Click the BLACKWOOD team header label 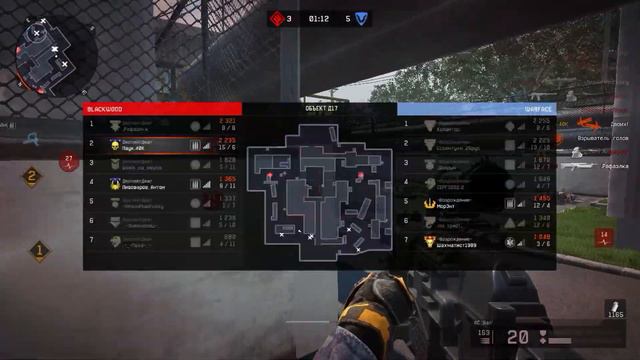(105, 108)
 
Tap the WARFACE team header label (537, 108)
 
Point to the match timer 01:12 (320, 18)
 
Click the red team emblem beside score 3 (277, 18)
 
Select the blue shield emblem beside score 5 (362, 18)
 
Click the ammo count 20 (517, 338)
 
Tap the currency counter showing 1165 (614, 315)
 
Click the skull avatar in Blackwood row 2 (115, 144)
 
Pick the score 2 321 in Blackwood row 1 (227, 122)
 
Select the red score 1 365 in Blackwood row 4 (227, 180)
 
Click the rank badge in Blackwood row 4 (115, 183)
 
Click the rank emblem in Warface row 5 (430, 202)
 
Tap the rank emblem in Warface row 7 (430, 240)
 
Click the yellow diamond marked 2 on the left (33, 178)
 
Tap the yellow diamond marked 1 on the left (40, 250)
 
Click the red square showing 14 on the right (604, 237)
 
